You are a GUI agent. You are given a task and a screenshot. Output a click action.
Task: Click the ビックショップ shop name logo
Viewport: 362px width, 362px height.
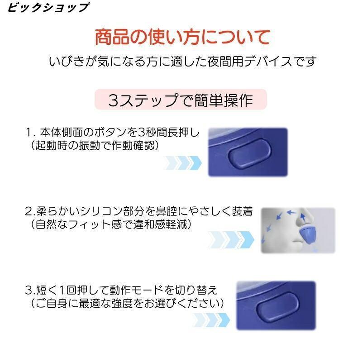point(48,7)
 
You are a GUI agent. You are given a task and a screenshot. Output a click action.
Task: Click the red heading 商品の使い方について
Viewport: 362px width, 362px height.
point(182,37)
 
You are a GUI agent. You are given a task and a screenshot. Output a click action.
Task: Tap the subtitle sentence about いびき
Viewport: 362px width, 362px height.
point(182,62)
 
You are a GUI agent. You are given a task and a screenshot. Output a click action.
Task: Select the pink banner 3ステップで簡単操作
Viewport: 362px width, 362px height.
point(181,100)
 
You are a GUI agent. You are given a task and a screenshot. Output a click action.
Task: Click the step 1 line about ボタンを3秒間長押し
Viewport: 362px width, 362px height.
point(112,132)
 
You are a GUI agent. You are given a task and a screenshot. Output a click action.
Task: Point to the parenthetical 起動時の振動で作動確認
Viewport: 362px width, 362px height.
point(95,145)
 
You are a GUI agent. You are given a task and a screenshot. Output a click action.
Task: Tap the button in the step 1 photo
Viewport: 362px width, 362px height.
point(250,153)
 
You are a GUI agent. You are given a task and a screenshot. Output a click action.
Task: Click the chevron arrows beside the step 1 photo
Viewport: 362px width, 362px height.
point(182,163)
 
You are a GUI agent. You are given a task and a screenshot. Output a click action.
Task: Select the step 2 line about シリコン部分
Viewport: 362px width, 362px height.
point(139,211)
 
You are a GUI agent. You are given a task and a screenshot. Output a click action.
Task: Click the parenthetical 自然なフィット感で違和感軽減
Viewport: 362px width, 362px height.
point(111,224)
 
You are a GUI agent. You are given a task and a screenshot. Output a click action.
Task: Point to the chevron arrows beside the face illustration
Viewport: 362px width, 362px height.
point(231,240)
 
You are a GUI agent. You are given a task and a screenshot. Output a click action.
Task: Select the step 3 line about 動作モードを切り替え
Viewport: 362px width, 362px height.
point(121,290)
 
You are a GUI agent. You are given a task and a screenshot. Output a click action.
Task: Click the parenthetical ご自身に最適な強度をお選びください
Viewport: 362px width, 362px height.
point(127,303)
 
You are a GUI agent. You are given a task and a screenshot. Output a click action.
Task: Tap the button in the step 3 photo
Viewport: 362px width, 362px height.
point(277,307)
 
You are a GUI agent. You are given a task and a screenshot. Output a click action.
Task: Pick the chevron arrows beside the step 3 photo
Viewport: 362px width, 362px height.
point(211,320)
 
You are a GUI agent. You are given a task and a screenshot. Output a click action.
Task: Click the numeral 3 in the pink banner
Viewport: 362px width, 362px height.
point(114,100)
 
